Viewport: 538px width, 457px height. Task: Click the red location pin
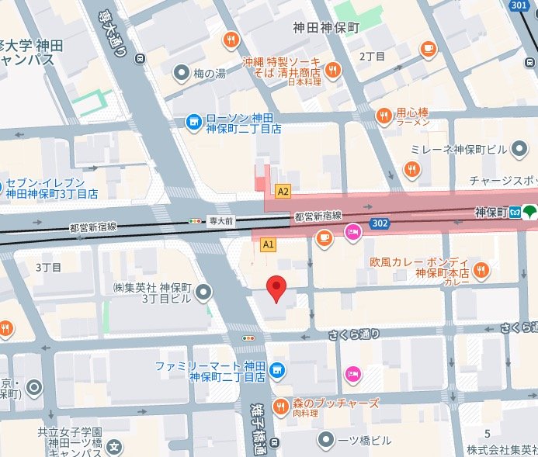tap(276, 289)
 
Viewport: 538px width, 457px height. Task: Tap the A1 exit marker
tap(269, 244)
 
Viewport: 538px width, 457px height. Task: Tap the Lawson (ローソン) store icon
tap(193, 122)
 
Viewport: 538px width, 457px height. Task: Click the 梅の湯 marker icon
tap(182, 74)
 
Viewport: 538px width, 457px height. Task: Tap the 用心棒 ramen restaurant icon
tap(384, 116)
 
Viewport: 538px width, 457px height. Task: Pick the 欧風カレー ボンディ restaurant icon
tap(481, 269)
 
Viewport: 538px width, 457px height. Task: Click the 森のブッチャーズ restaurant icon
tap(278, 405)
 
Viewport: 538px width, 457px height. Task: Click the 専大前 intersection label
tap(220, 221)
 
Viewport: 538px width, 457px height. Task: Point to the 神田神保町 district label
tap(327, 27)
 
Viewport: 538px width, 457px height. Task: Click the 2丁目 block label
tap(373, 56)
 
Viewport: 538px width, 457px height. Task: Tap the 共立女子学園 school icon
tap(114, 446)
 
